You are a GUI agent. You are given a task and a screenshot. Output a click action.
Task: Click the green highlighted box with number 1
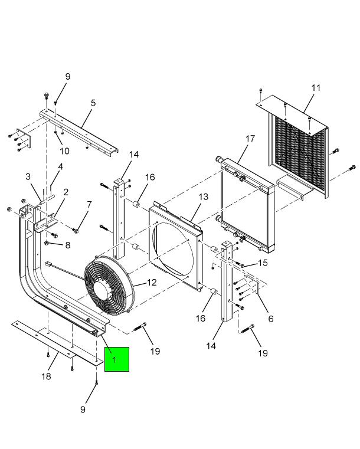coord(116,359)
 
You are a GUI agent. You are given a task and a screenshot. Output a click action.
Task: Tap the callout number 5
coord(93,103)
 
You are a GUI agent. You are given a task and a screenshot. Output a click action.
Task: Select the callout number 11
coord(316,88)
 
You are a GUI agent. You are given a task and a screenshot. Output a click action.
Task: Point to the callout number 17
coord(250,139)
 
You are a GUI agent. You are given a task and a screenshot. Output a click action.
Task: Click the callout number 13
coord(203,196)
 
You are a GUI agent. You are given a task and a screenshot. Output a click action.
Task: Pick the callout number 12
coord(152,283)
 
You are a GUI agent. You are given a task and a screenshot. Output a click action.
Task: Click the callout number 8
coord(67,245)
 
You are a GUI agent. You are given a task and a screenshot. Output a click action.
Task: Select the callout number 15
coord(263,262)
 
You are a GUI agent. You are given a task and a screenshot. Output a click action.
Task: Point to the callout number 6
coord(271,319)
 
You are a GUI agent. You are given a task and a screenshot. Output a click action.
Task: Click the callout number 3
coord(28,176)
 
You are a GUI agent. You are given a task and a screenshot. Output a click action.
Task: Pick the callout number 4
coord(60,167)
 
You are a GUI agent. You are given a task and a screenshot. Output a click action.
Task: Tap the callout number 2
coord(66,192)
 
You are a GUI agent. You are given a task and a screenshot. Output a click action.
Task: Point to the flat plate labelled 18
coord(56,342)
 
